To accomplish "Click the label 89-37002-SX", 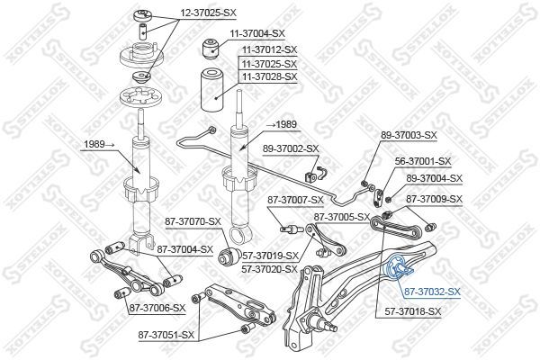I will pos(291,148).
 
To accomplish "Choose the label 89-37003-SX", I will pos(408,134).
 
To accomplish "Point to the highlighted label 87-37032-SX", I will pos(431,292).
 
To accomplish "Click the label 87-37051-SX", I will pos(166,335).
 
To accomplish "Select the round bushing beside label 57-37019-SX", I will pos(229,256).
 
